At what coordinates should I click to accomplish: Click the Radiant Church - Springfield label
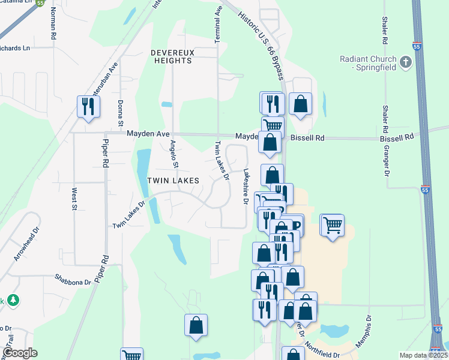[368, 63]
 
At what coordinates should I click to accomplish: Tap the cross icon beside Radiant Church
[406, 62]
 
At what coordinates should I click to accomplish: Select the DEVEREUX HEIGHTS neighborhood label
[173, 56]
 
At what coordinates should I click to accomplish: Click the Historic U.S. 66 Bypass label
[262, 40]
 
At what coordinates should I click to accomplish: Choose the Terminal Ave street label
[218, 24]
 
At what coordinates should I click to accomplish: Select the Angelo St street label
[174, 154]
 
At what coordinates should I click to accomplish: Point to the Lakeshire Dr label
[245, 186]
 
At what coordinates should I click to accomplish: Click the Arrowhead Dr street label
[26, 243]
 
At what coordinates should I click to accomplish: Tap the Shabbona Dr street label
[73, 278]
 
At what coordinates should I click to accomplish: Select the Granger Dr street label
[387, 160]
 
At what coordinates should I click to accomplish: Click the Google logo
[20, 353]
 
